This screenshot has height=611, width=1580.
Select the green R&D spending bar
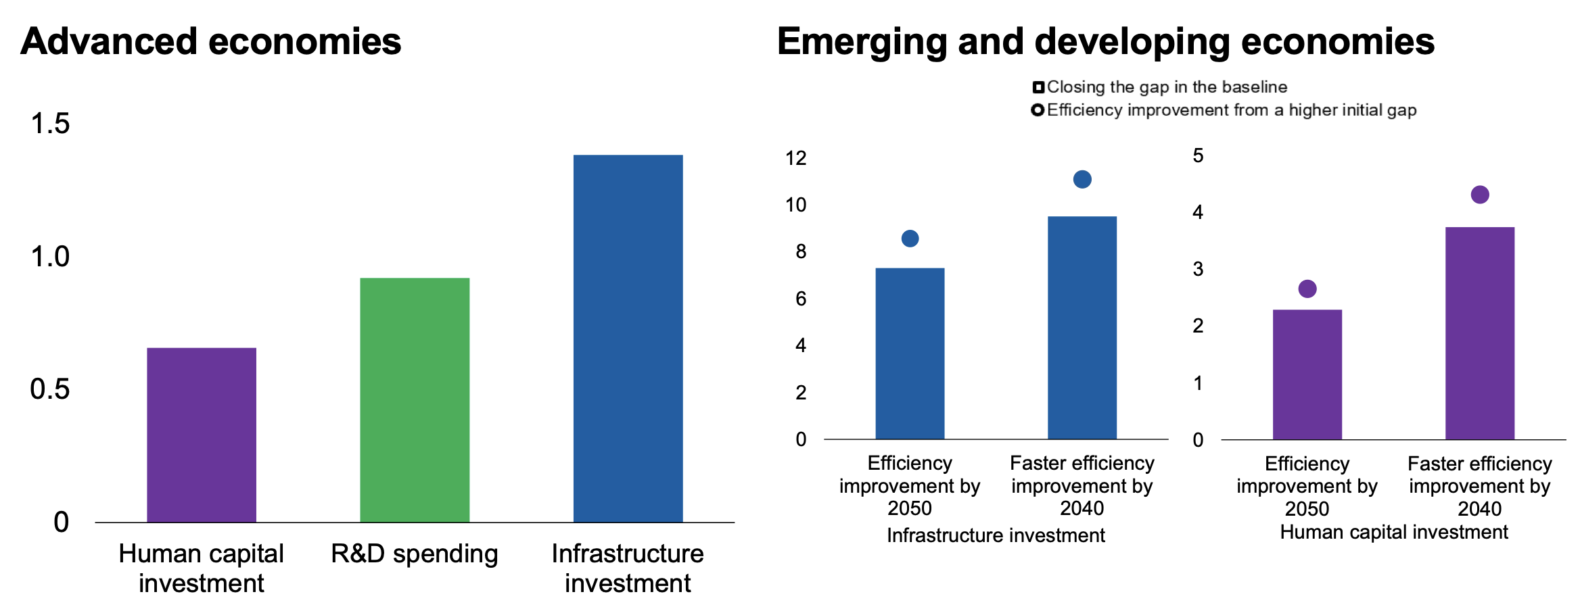(x=415, y=399)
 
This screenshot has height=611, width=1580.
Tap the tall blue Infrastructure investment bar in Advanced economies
(x=628, y=338)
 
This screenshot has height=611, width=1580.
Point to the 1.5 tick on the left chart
(x=50, y=124)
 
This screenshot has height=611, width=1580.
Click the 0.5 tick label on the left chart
(x=50, y=389)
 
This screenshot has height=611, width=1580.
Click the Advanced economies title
(x=211, y=41)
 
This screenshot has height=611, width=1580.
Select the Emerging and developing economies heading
(x=1105, y=41)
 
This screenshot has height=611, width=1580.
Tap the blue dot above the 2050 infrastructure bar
(x=910, y=239)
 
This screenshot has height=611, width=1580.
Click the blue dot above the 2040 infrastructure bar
(x=1082, y=179)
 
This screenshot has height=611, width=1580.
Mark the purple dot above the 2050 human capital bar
(x=1307, y=289)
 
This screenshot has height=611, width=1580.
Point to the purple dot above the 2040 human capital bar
(x=1480, y=195)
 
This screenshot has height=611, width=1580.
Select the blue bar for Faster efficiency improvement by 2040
(x=1082, y=328)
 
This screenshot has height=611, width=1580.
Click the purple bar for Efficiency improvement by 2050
(x=1307, y=374)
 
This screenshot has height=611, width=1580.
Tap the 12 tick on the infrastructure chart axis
(x=796, y=158)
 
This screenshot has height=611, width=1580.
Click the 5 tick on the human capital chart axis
(x=1198, y=156)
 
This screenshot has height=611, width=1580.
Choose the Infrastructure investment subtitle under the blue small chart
(x=996, y=535)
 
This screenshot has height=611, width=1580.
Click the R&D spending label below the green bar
(x=415, y=554)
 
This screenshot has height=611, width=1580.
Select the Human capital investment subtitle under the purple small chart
(x=1394, y=532)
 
